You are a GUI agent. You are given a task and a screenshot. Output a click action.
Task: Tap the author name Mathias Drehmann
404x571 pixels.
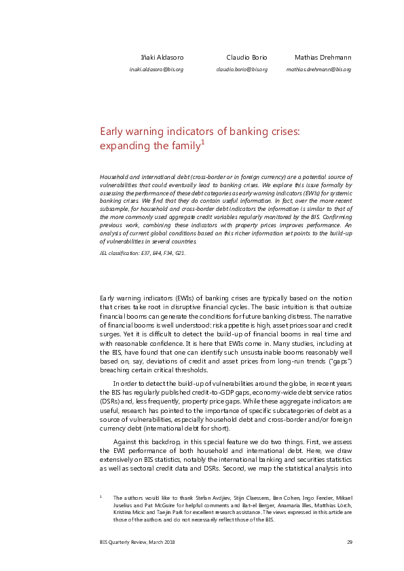(323, 57)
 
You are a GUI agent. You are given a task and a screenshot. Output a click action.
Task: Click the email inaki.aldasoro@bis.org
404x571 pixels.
(157, 69)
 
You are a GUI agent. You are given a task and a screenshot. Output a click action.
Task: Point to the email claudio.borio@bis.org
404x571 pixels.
(242, 69)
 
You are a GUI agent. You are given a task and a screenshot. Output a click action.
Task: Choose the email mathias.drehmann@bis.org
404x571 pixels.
(318, 69)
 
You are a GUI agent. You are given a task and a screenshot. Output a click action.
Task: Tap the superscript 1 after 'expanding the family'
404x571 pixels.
(202, 142)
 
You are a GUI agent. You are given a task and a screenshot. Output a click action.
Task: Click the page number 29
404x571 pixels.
(349, 541)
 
